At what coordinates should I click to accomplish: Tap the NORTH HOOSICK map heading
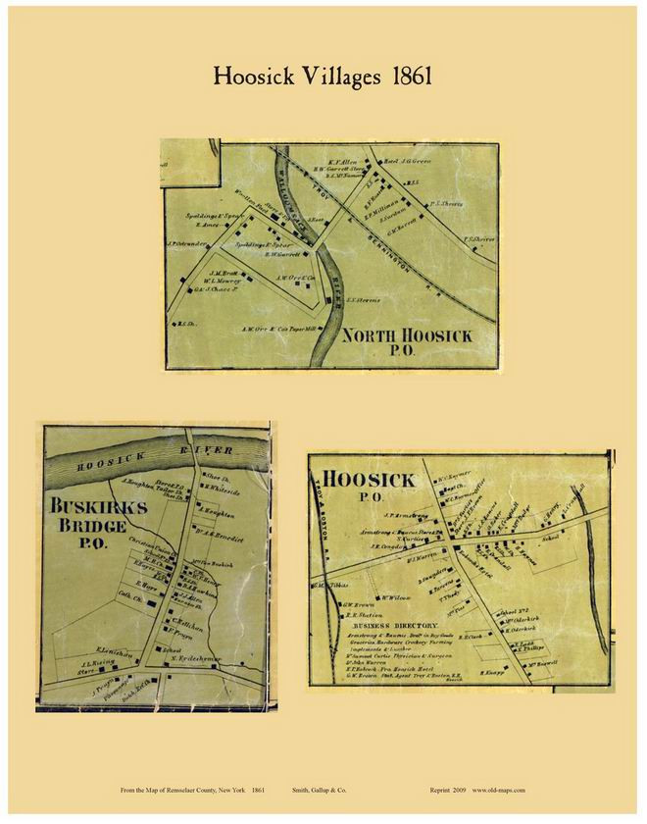click(407, 336)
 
